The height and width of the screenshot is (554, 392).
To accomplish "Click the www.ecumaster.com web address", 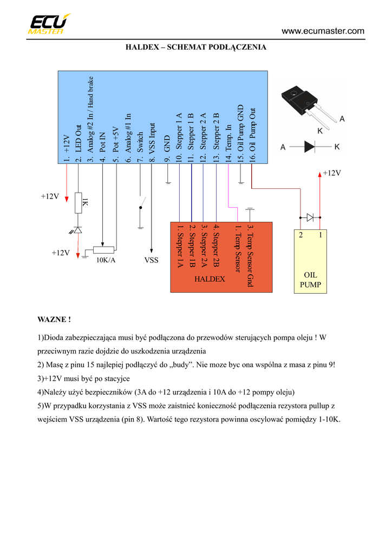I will click(x=323, y=31).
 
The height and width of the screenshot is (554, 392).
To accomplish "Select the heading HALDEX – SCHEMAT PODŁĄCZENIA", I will click(x=196, y=48).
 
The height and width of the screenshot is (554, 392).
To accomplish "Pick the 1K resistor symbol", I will click(x=79, y=202).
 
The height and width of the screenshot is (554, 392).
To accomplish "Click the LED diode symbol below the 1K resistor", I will click(x=78, y=230).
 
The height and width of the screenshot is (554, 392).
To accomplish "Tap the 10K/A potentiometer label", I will click(x=106, y=260).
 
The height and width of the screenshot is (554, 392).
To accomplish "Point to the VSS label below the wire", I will click(x=152, y=260).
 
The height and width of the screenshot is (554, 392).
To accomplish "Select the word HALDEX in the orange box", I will click(x=210, y=279).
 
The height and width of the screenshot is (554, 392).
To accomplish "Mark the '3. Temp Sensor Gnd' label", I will click(x=250, y=255).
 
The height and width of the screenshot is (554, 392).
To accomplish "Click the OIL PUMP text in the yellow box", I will click(x=311, y=280).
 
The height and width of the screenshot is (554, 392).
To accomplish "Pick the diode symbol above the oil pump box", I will click(x=310, y=217).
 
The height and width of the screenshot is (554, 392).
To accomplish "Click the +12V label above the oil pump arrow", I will click(x=331, y=173).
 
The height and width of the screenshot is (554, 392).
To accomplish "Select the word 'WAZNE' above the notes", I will click(x=54, y=320).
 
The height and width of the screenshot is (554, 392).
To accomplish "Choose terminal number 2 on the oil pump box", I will click(x=301, y=235).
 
